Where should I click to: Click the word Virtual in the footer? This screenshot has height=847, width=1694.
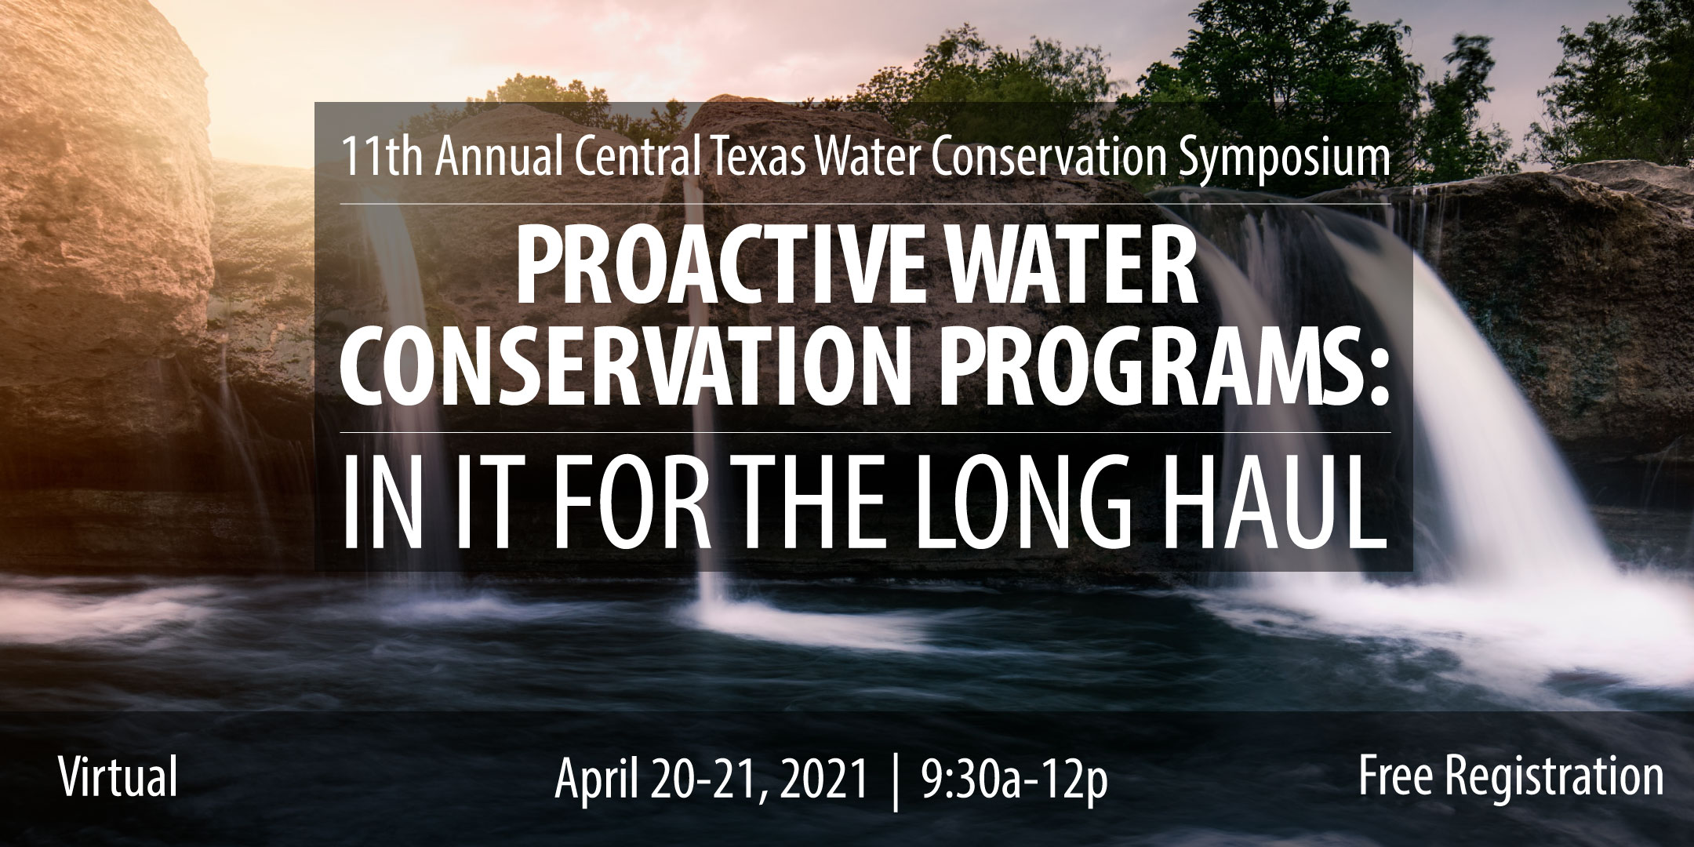[x=118, y=776]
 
